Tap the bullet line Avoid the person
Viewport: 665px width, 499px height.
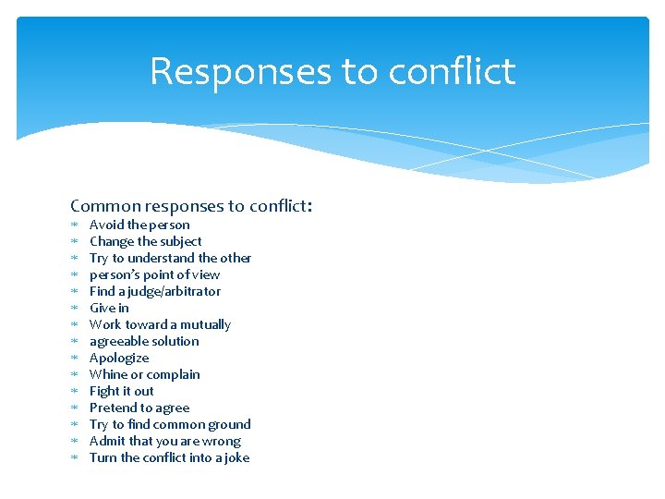click(x=139, y=225)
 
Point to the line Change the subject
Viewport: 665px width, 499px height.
click(x=145, y=241)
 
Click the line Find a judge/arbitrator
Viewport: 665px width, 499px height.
click(x=155, y=291)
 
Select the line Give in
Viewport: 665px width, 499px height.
click(x=109, y=308)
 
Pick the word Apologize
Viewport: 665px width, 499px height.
click(x=119, y=358)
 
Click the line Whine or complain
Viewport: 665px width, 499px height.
click(x=144, y=374)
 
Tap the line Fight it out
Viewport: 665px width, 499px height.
click(x=121, y=391)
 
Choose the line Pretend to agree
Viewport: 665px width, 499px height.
click(x=139, y=408)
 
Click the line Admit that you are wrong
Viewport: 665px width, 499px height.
click(x=164, y=441)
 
